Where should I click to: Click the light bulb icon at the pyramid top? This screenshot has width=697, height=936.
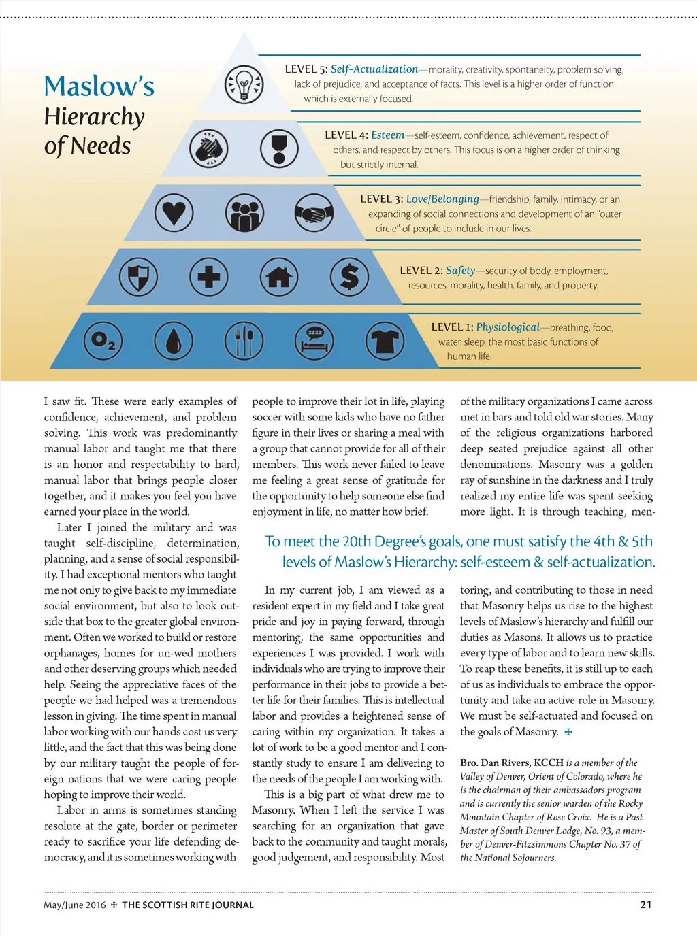point(244,84)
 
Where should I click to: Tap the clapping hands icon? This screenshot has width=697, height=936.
point(208,148)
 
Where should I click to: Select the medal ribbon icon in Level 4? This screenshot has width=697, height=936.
point(279,148)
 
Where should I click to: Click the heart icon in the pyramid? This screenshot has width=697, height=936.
point(174,212)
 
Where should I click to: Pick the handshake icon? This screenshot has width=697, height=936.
point(314,214)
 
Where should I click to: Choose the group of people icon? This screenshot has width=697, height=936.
point(244,213)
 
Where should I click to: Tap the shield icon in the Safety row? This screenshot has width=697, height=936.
point(138,277)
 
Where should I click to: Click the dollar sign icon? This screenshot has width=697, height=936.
point(349,277)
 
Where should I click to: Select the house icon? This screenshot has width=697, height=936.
point(279,277)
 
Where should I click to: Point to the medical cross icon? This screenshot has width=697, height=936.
point(208,277)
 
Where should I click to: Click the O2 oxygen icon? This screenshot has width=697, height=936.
point(103,340)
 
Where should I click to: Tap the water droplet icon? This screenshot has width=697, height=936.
point(174,340)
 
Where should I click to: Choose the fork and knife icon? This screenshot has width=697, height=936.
point(244,340)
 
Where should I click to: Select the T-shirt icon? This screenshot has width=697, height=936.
point(385,340)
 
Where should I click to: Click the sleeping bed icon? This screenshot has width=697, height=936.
point(314,340)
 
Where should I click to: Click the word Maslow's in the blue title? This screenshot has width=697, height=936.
point(99,86)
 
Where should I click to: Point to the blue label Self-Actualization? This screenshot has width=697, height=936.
point(374,69)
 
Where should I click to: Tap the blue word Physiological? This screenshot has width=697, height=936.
point(507,327)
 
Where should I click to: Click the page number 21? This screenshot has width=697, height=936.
point(646,905)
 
